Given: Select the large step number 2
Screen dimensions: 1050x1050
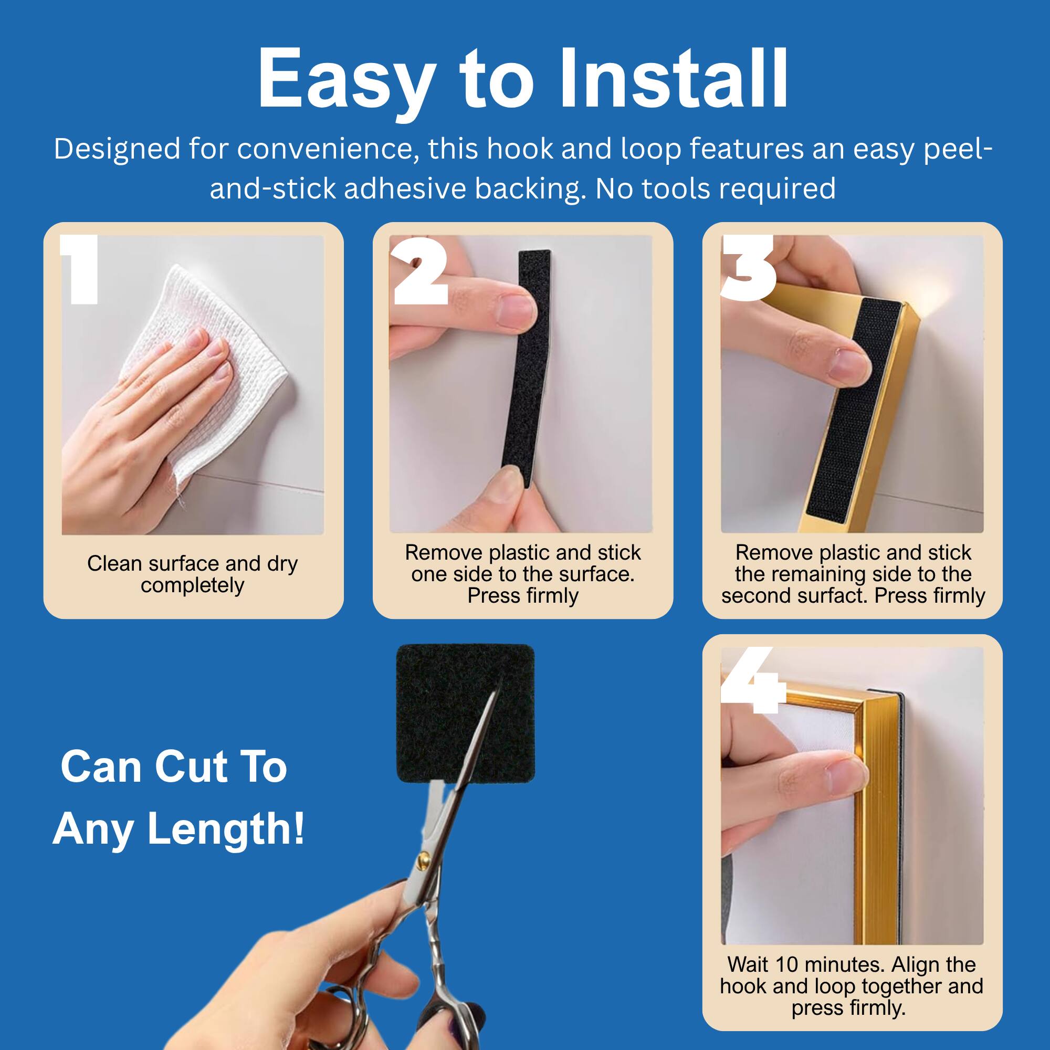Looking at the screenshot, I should tap(420, 270).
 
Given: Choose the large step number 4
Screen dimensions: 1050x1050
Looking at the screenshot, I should tap(753, 681).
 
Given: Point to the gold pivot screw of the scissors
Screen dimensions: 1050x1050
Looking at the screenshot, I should tap(424, 859).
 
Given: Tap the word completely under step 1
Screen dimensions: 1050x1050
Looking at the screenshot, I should tap(192, 586).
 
